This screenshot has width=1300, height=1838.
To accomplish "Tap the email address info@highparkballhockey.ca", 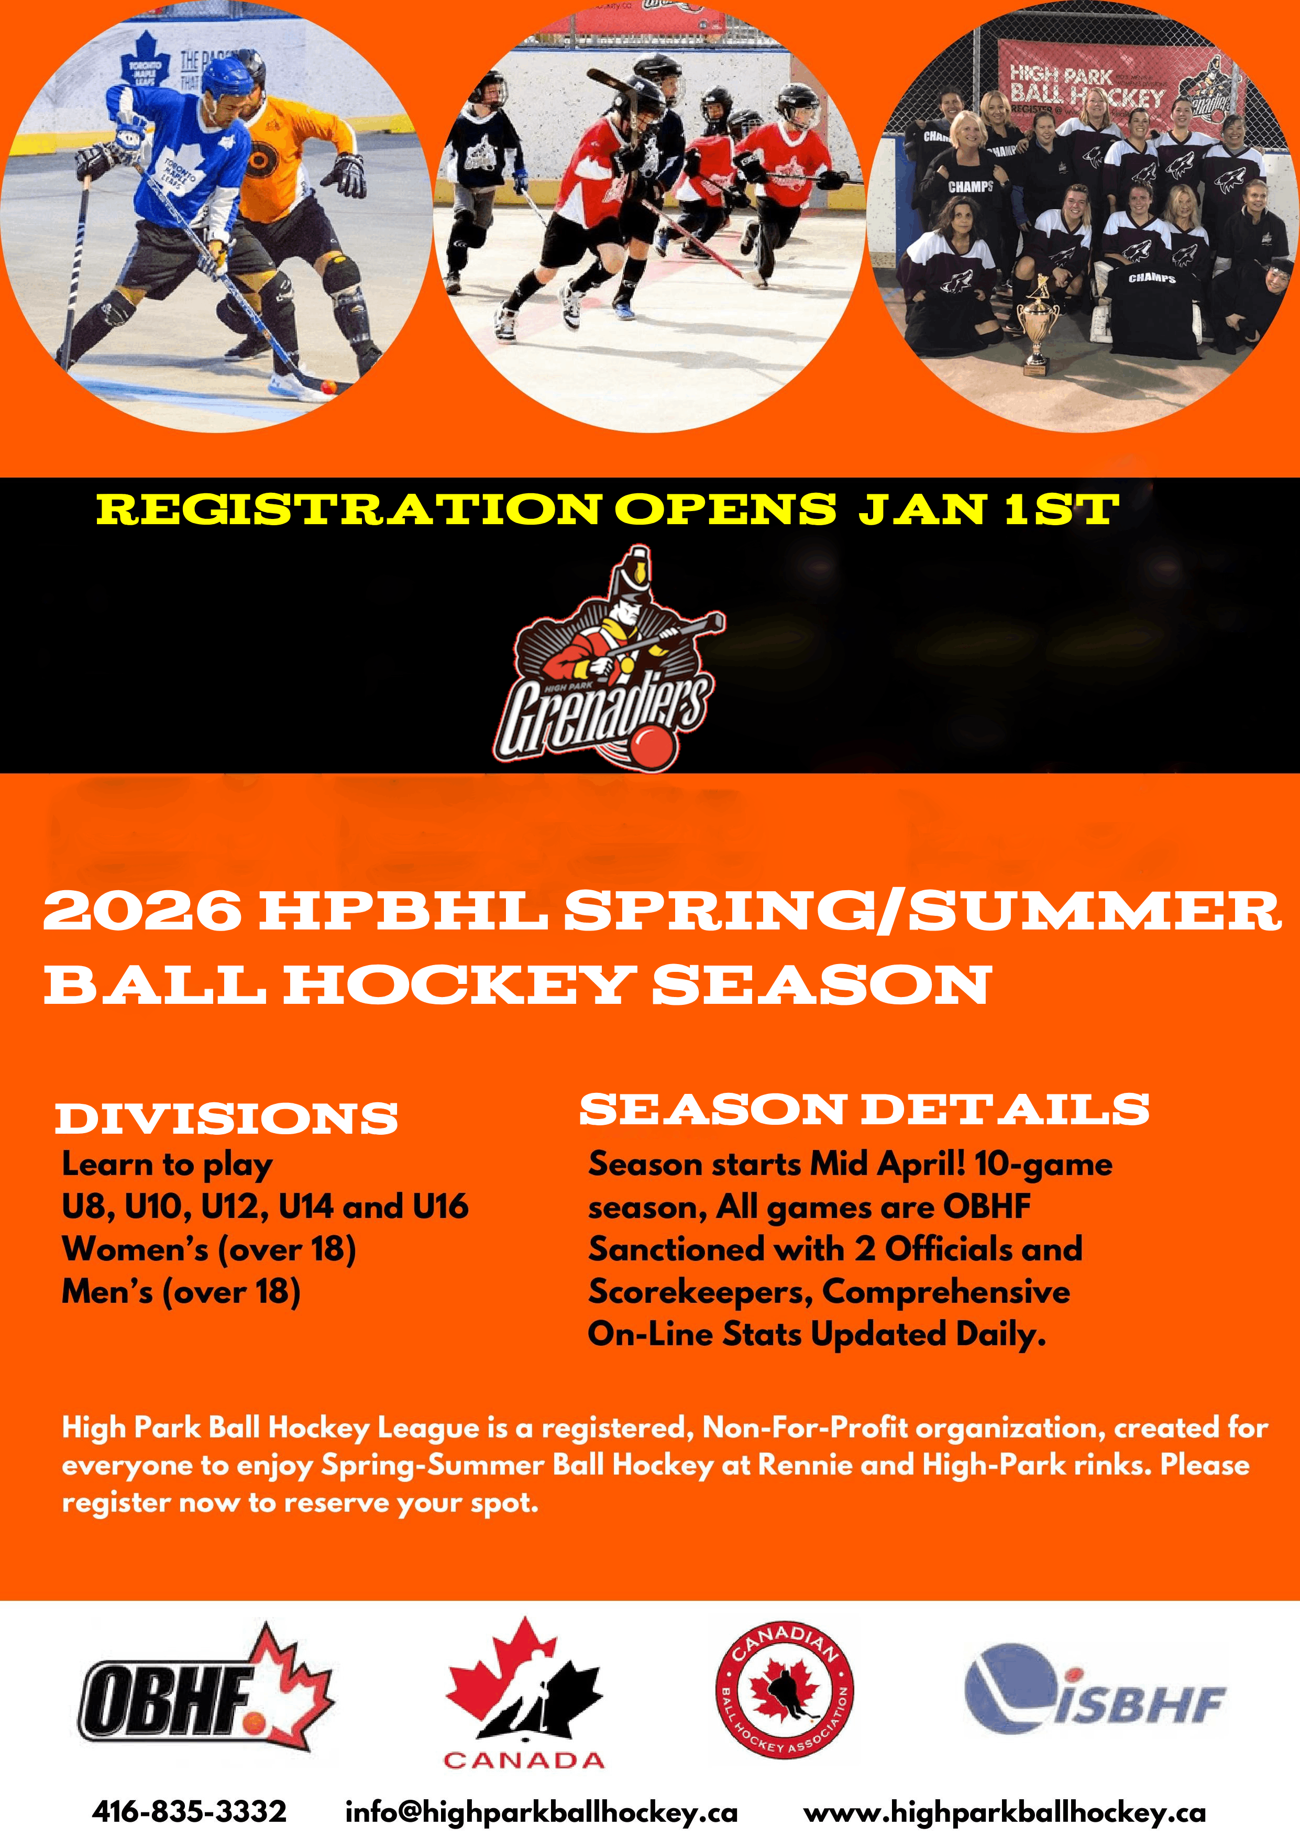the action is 541,1811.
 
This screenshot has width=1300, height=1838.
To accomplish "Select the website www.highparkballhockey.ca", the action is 1005,1811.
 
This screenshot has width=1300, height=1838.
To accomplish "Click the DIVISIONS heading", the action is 227,1119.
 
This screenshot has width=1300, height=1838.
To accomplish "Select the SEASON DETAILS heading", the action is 865,1110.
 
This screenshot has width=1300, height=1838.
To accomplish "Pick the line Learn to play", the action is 167,1165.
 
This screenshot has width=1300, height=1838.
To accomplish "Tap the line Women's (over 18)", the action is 209,1249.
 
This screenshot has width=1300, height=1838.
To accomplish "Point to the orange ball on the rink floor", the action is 327,388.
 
